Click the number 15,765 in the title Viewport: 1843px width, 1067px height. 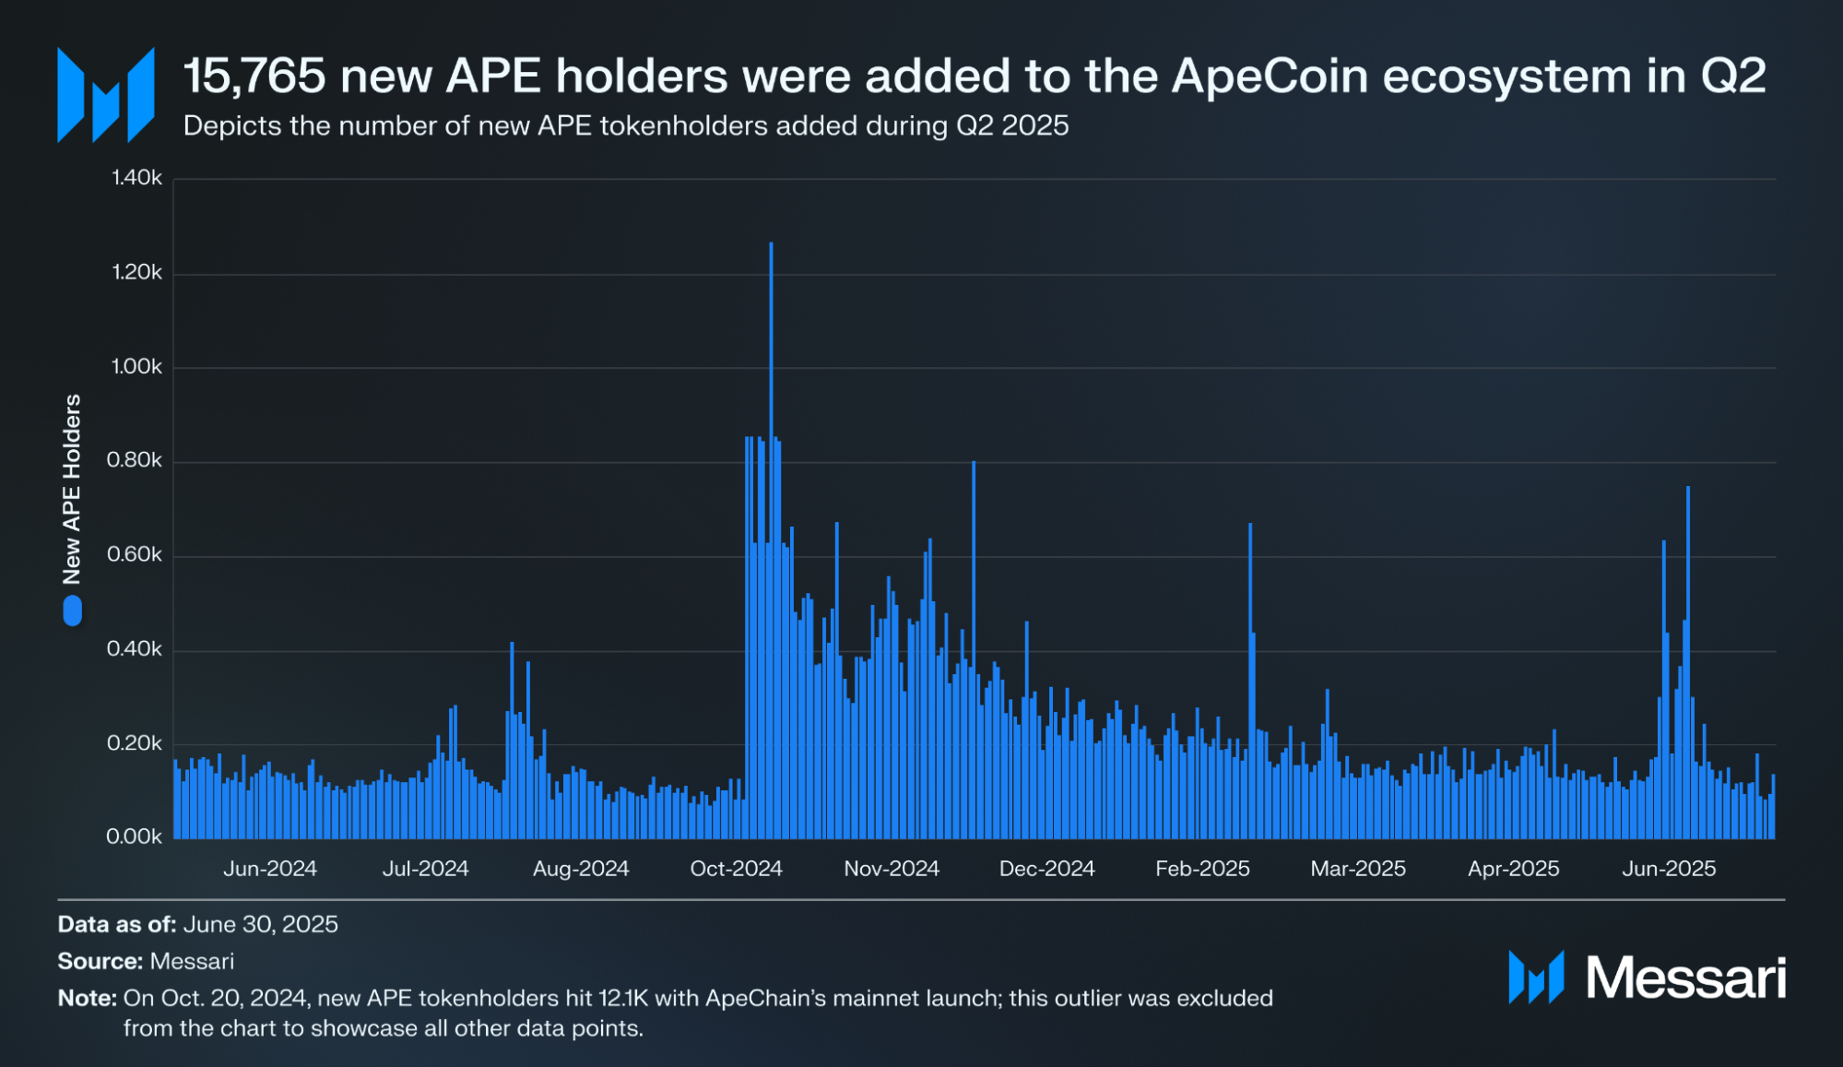254,76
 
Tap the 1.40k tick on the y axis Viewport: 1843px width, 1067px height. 136,177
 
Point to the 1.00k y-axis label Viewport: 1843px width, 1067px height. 136,366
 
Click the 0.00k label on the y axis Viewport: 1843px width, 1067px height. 135,836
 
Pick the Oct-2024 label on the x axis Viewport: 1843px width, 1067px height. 736,869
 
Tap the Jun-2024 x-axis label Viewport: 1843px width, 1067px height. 270,869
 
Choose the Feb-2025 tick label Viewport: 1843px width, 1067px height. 1202,869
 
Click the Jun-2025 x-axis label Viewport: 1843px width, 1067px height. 1669,869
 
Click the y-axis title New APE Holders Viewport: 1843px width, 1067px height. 72,489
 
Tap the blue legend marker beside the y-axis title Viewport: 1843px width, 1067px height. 72,611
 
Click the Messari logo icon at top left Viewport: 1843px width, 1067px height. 105,96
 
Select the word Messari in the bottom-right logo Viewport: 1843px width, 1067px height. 1685,978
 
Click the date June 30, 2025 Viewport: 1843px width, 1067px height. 260,924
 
